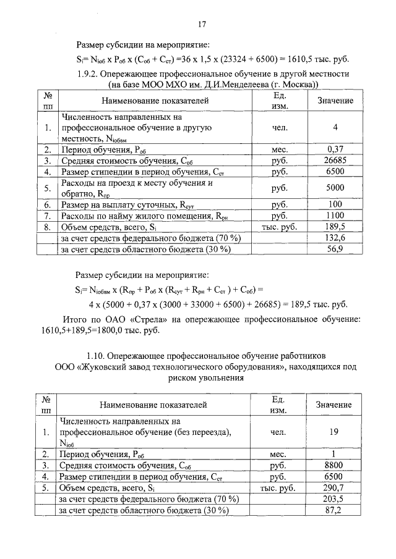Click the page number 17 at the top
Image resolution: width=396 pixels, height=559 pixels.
point(201,25)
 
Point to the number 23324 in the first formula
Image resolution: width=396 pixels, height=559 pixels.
point(254,59)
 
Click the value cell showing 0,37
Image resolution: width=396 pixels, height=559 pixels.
point(335,150)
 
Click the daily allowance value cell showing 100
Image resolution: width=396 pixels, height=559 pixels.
point(335,204)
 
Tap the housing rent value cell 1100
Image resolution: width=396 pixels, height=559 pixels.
point(335,216)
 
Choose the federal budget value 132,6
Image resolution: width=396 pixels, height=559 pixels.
point(335,238)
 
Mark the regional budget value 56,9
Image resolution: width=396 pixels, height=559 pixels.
point(335,249)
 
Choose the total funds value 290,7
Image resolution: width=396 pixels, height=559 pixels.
point(334,488)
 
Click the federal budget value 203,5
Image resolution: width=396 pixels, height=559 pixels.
point(334,499)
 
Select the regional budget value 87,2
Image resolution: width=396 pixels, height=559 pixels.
point(334,510)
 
